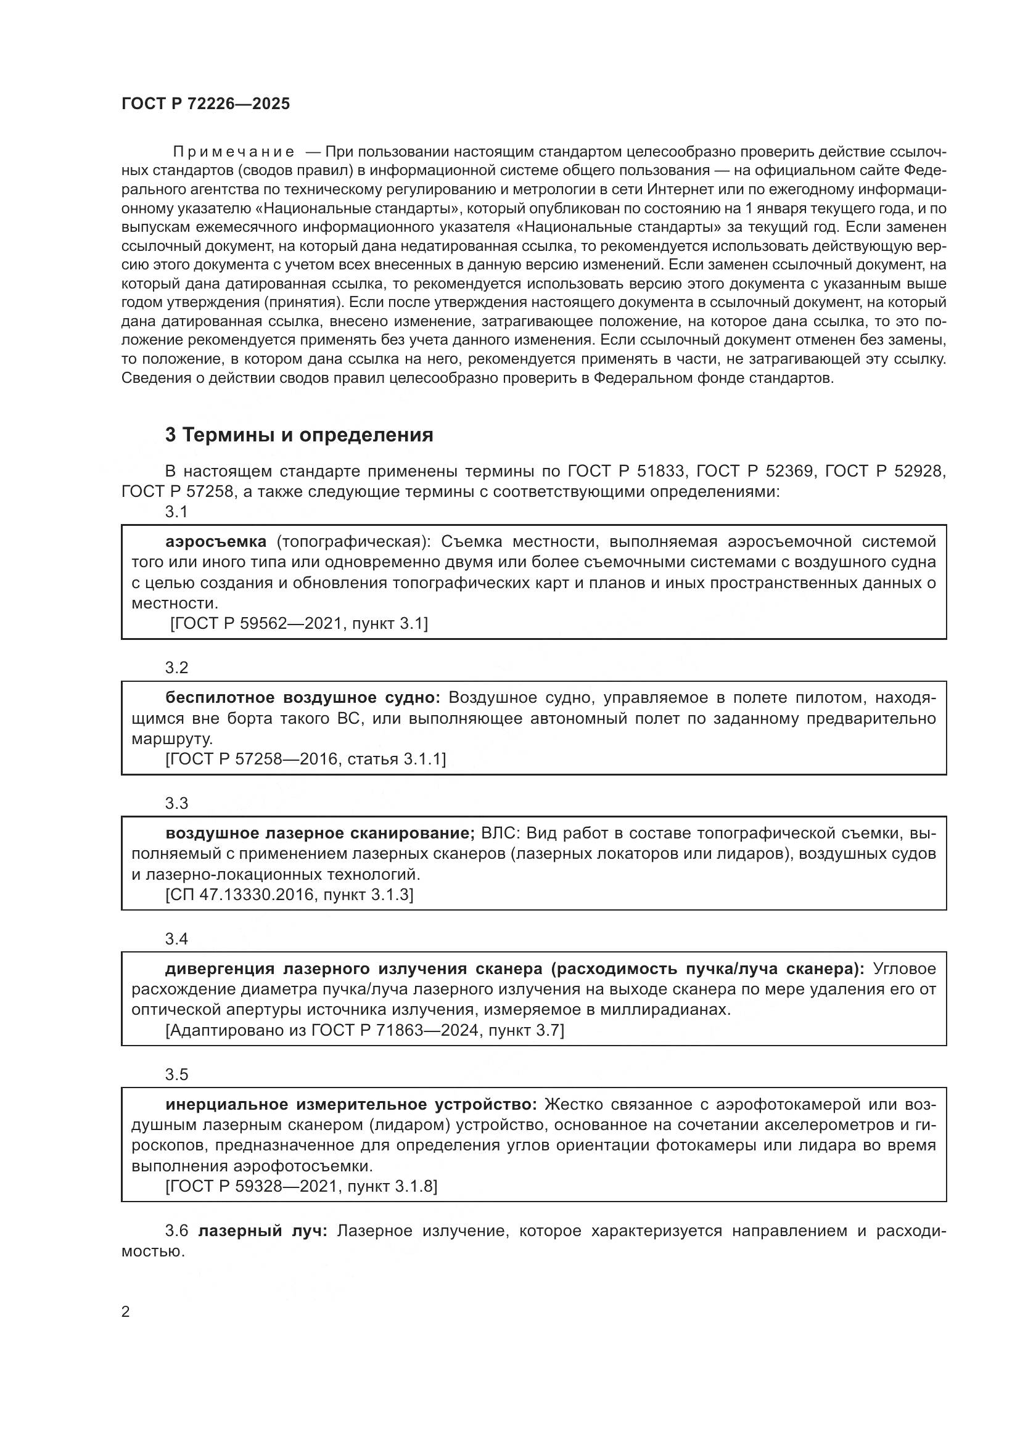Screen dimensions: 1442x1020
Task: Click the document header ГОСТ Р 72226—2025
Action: click(205, 104)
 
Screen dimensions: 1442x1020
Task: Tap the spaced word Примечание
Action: click(234, 152)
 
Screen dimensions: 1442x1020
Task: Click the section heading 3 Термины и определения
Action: click(299, 435)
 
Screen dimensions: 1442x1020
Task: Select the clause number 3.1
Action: click(176, 512)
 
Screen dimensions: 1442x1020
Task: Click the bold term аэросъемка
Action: click(216, 541)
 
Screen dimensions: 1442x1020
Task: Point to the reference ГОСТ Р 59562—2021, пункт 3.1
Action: click(299, 623)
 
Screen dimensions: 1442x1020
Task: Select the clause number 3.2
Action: click(176, 668)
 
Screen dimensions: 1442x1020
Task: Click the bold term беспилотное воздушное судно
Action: click(303, 698)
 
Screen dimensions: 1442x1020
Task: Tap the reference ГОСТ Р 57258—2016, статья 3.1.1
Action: click(305, 759)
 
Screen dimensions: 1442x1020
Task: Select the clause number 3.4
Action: click(176, 939)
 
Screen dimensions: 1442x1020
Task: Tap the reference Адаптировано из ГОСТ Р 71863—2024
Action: click(364, 1030)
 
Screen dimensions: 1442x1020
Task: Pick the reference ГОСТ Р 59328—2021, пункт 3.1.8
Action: click(302, 1186)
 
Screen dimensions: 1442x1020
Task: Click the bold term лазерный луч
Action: click(263, 1231)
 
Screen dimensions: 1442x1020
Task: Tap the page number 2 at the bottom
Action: click(126, 1311)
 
